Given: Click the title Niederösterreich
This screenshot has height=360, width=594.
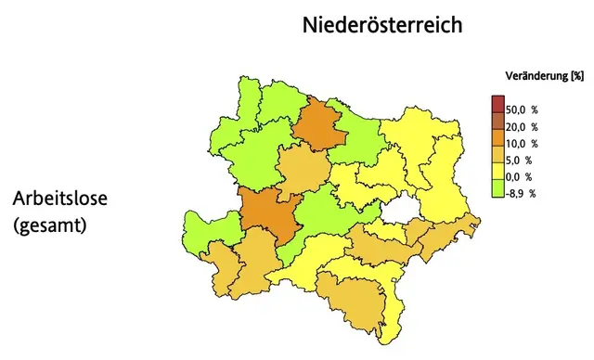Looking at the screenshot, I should [x=381, y=25].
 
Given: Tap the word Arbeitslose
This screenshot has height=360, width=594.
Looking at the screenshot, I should [x=62, y=199].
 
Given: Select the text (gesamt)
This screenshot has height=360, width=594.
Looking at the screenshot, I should [x=50, y=225].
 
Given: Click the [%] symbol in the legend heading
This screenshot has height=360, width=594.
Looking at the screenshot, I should [x=576, y=74].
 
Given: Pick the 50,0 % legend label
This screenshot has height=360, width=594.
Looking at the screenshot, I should [x=523, y=109].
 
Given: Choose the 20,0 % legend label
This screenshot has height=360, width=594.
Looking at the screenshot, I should [x=523, y=126].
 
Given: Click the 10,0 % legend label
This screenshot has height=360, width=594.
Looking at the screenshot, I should [x=523, y=143].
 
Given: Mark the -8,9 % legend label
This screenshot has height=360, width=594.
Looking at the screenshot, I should [x=523, y=193].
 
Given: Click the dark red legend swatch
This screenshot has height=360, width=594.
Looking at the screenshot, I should [x=497, y=103].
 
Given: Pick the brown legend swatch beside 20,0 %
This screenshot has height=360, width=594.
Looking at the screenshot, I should [x=497, y=120].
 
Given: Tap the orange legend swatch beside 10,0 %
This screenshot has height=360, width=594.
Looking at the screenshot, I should [x=497, y=136].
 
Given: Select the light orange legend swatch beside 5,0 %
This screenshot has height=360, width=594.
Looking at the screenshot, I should [x=497, y=153].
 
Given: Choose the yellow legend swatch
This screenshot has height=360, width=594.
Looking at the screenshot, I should [x=497, y=170].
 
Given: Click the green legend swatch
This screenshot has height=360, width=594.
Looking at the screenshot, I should [x=497, y=189].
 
